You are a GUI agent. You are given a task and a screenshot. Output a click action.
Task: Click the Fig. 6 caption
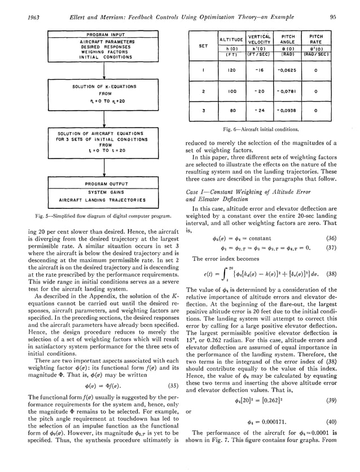coord(267,129)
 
